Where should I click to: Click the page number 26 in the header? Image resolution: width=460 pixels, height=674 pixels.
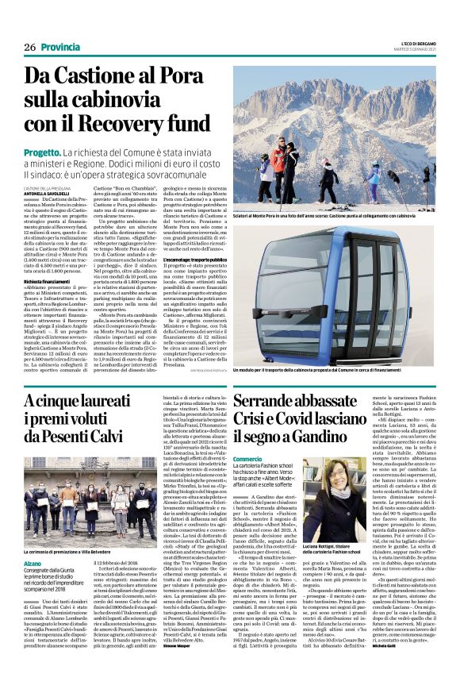coord(31,46)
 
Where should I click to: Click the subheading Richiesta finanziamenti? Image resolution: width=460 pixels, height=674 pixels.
coord(52,281)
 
